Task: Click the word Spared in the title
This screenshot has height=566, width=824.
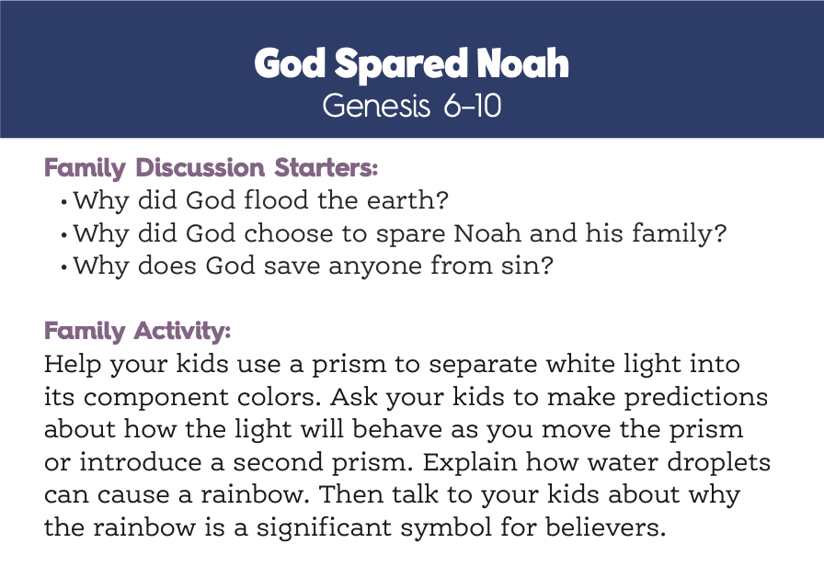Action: pos(401,64)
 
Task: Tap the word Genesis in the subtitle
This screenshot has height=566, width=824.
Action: pos(376,106)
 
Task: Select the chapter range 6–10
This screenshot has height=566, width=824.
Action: pos(473,106)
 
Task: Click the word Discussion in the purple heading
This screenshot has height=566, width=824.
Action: pos(200,167)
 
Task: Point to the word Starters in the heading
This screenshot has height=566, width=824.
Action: pos(326,167)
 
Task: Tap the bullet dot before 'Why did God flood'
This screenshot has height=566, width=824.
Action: pos(64,202)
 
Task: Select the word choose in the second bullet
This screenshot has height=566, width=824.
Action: pos(289,233)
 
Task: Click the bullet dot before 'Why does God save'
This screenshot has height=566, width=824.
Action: pos(64,267)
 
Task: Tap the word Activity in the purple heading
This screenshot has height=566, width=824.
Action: pos(182,332)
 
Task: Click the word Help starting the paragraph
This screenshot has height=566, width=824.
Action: pos(72,364)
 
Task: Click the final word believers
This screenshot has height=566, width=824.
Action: pos(606,526)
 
